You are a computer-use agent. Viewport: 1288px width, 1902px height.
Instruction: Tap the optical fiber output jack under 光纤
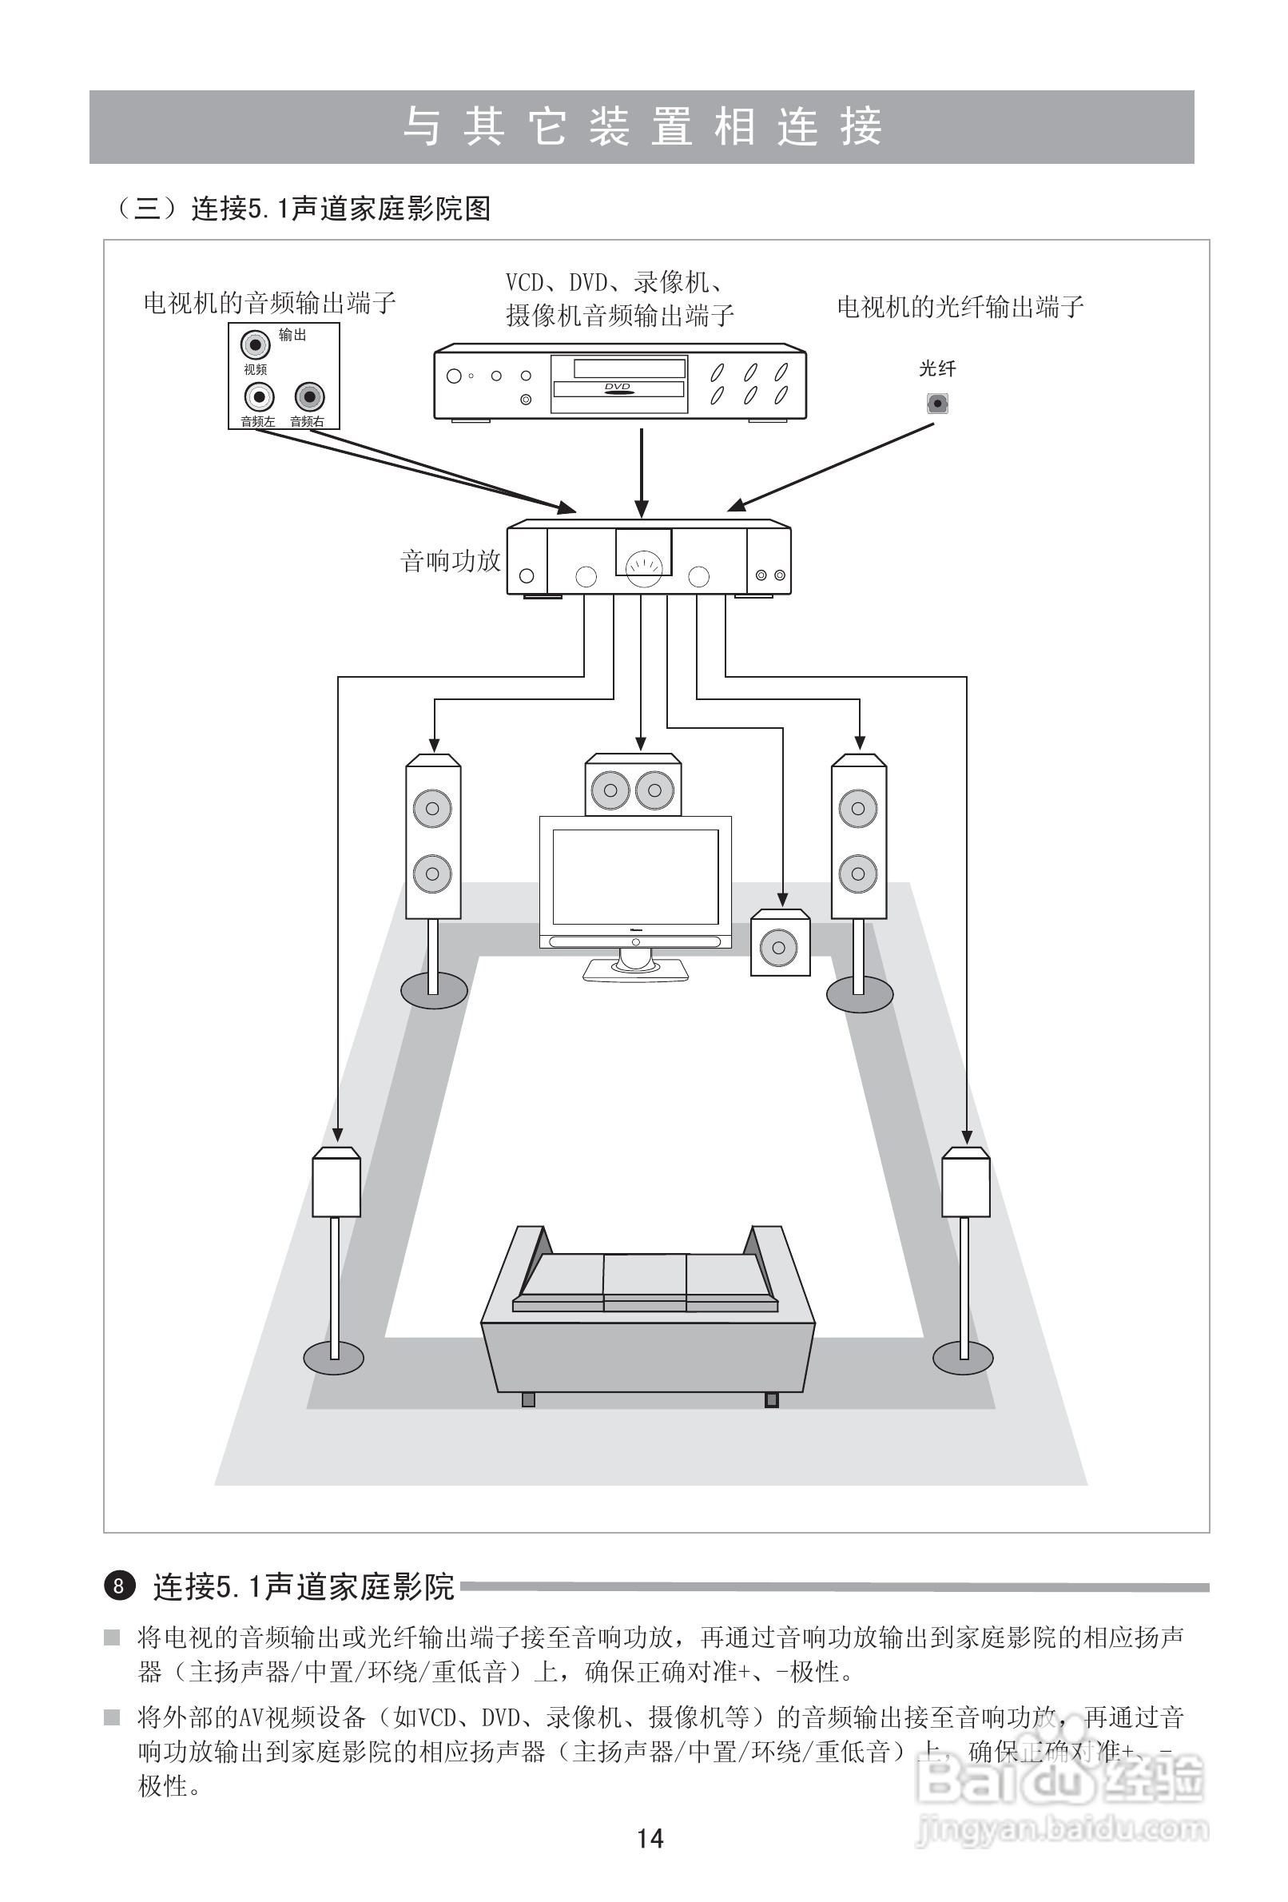tap(937, 404)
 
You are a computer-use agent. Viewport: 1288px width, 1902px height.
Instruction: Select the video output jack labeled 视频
tap(256, 345)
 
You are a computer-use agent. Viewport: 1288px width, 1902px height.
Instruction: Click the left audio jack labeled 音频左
tap(259, 398)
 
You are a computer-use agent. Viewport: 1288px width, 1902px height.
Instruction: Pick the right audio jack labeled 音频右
tap(309, 398)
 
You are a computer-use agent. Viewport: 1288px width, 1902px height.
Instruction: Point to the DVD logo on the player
tap(618, 388)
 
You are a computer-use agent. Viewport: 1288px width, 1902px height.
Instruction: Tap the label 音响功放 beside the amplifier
tap(450, 562)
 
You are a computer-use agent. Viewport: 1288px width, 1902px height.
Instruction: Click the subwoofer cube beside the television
tap(780, 945)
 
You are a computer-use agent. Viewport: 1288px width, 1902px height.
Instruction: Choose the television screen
tap(635, 876)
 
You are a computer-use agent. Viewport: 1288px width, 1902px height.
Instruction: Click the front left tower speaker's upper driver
tap(433, 809)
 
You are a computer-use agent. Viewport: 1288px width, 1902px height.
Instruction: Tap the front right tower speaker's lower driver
tap(858, 873)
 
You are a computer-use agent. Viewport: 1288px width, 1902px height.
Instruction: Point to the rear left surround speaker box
tap(336, 1184)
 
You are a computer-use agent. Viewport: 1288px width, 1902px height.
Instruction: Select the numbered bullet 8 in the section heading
tap(120, 1586)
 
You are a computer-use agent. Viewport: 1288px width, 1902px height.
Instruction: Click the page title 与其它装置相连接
tap(642, 127)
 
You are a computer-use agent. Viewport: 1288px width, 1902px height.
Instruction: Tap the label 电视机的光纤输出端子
tap(960, 308)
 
